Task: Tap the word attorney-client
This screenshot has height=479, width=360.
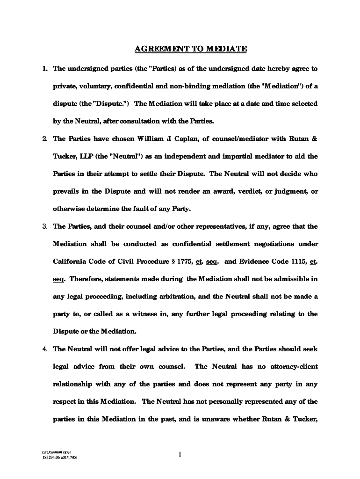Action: [294, 367]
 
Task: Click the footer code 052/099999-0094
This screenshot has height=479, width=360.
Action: [57, 452]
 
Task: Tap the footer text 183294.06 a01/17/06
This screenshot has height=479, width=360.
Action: [59, 457]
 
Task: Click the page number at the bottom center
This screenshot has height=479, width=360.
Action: [180, 454]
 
